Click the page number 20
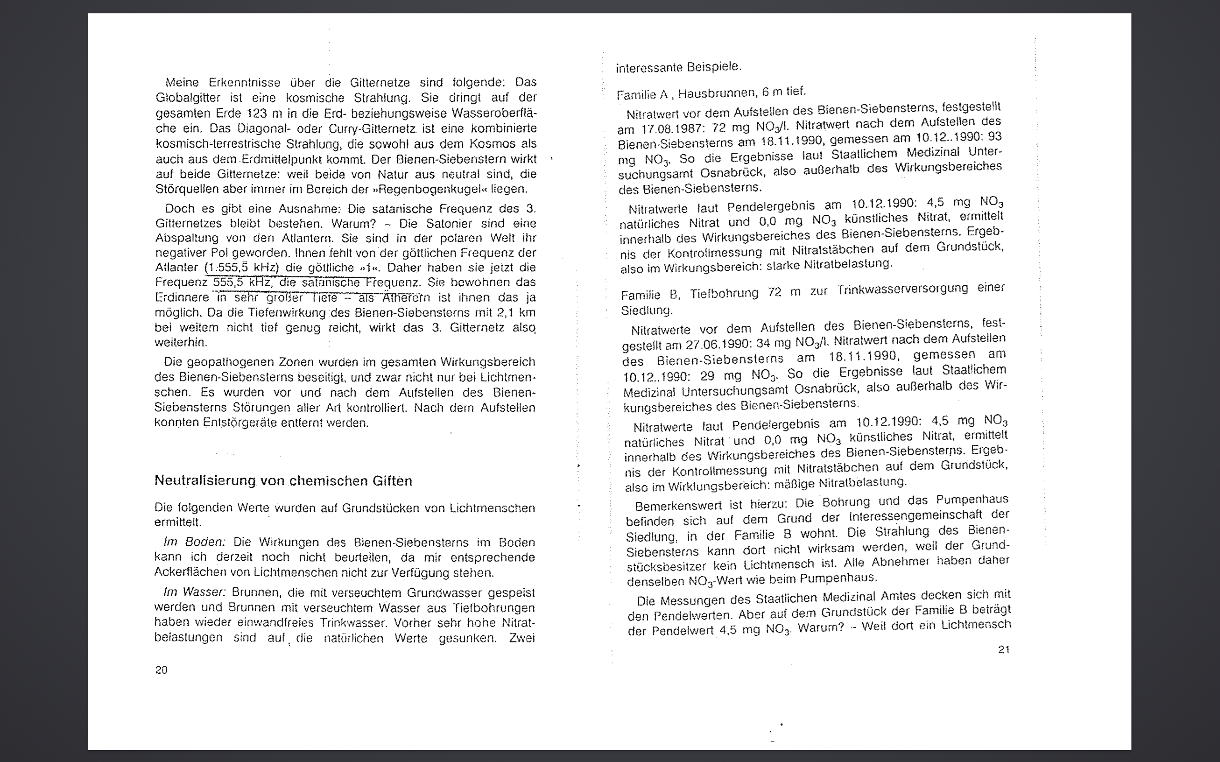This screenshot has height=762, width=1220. [x=162, y=670]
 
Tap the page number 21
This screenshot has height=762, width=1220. [x=1004, y=650]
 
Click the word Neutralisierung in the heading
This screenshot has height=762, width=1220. [x=205, y=481]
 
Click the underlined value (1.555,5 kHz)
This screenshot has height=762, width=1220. [x=242, y=268]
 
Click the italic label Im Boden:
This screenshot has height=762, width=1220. [x=194, y=542]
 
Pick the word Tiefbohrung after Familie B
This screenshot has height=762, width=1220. [x=724, y=293]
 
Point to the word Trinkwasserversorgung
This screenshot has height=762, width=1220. [x=903, y=290]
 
